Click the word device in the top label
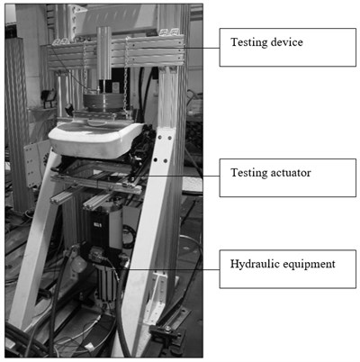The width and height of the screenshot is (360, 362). coord(286,42)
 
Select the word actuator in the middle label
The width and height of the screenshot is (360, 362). coord(291,173)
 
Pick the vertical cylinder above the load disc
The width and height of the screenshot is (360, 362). coord(104,53)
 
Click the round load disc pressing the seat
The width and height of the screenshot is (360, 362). coord(103,103)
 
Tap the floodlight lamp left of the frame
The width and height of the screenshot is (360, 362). coord(49,96)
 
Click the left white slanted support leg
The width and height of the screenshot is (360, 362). coord(34,240)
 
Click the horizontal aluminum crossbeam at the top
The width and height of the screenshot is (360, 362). coord(115,53)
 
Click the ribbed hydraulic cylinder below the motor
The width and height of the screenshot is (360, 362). coord(106,282)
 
